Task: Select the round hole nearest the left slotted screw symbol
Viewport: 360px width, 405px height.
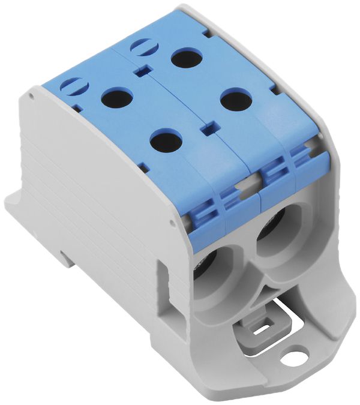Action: click(117, 97)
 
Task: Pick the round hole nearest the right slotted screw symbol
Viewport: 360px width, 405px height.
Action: click(186, 58)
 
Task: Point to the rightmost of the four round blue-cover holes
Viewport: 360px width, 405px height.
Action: click(235, 99)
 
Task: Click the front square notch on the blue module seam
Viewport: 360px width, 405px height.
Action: click(208, 128)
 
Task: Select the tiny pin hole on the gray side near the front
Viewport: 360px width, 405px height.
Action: click(173, 223)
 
